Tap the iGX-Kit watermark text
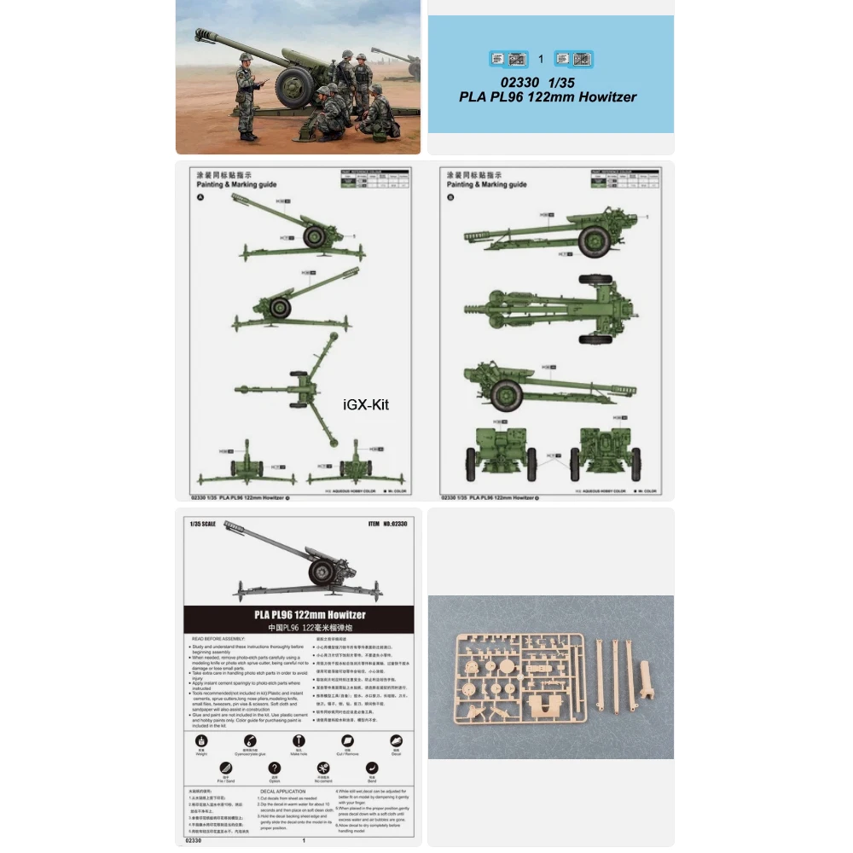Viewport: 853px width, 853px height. tap(364, 405)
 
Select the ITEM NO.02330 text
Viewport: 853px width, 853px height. tap(386, 524)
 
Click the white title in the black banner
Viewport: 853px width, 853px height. tap(299, 614)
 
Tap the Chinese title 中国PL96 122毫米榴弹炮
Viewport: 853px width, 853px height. tap(299, 627)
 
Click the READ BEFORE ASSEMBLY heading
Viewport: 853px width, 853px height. tap(228, 638)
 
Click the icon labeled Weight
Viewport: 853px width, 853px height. tap(201, 742)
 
